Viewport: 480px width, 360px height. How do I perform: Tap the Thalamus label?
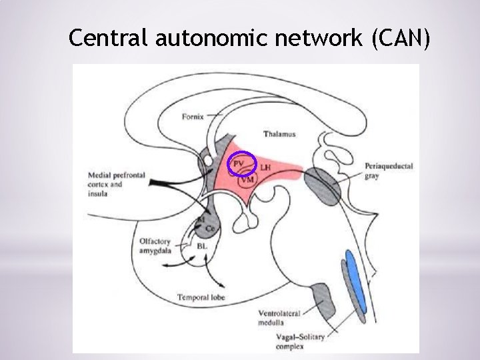pyautogui.click(x=279, y=134)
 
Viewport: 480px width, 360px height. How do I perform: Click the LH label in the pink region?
pyautogui.click(x=265, y=167)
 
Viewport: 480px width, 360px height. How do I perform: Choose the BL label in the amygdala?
pyautogui.click(x=202, y=247)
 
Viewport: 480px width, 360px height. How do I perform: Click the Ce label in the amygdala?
pyautogui.click(x=211, y=229)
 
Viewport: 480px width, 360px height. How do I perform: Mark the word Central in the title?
pyautogui.click(x=109, y=39)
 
